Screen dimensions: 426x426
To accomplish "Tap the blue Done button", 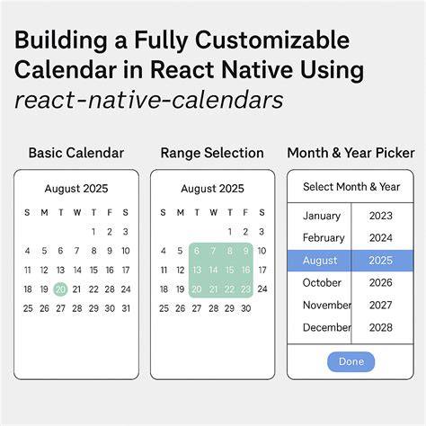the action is point(351,361).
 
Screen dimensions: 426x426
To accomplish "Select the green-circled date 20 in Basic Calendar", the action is point(60,289).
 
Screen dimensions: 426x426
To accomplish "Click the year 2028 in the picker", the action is point(381,327).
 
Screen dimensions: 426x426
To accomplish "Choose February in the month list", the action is point(324,238).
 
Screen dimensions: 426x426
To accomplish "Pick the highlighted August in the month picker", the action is point(320,261).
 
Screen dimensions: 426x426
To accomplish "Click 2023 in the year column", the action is point(381,216).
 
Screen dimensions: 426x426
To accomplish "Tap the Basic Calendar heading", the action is point(76,153).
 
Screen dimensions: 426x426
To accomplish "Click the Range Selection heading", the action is point(212,153).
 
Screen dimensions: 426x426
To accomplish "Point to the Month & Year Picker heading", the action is point(351,153).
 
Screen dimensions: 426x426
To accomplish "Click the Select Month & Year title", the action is point(351,187).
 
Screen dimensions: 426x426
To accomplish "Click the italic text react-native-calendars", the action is point(148,100).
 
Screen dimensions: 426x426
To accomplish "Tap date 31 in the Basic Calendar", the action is point(126,308).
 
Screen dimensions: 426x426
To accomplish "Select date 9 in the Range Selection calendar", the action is point(245,251).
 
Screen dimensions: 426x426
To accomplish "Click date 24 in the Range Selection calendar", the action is point(262,289).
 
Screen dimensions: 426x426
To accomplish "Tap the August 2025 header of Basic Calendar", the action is point(76,189).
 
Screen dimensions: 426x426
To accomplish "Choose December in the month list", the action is point(327,327).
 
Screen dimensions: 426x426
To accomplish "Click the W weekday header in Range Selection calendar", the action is point(213,213).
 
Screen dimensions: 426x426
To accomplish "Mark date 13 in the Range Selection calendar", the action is point(197,270).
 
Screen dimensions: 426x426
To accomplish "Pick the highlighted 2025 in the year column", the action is point(381,261).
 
